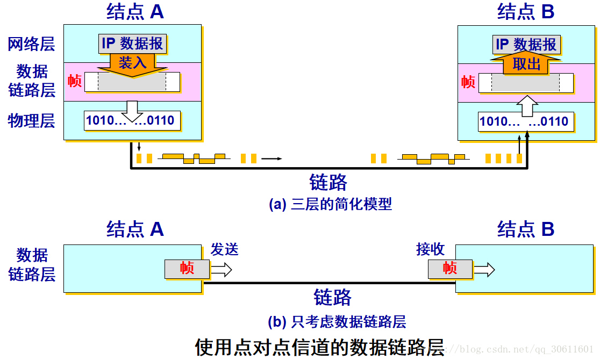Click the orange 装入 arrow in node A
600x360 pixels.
pyautogui.click(x=132, y=64)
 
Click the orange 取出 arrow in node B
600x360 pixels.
pyautogui.click(x=526, y=64)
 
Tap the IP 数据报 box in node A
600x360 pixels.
pyautogui.click(x=132, y=44)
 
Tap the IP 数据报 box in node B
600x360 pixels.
pyautogui.click(x=526, y=44)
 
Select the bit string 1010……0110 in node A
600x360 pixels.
pyautogui.click(x=131, y=120)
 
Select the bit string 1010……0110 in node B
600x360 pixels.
pyautogui.click(x=524, y=121)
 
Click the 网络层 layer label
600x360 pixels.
pyautogui.click(x=31, y=44)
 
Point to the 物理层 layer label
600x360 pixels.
pyautogui.click(x=31, y=121)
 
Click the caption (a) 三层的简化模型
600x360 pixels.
pyautogui.click(x=330, y=204)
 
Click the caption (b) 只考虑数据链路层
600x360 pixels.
pyautogui.click(x=337, y=322)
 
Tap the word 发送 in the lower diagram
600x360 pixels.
pyautogui.click(x=224, y=249)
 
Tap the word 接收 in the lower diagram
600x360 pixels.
pyautogui.click(x=430, y=249)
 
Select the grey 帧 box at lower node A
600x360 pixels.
pyautogui.click(x=187, y=269)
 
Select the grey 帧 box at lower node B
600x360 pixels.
pyautogui.click(x=450, y=268)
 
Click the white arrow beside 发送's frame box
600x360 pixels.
pyautogui.click(x=221, y=269)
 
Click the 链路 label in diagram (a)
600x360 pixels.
pyautogui.click(x=328, y=183)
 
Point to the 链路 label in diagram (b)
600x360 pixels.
pyautogui.click(x=332, y=298)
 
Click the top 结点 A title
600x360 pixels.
pyautogui.click(x=135, y=12)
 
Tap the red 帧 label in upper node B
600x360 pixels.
pyautogui.click(x=468, y=82)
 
